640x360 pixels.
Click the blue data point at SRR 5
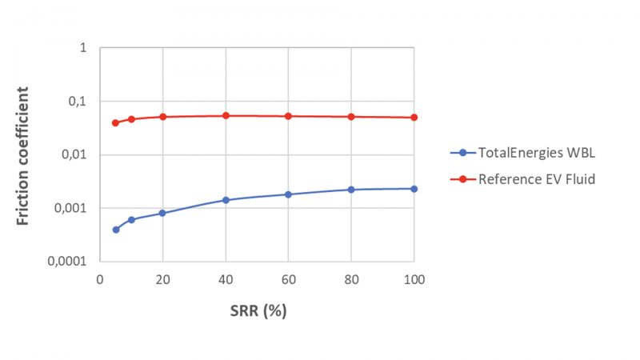coord(115,230)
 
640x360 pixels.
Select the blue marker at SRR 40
coord(226,200)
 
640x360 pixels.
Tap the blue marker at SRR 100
coord(414,189)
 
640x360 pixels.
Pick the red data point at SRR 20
coord(162,117)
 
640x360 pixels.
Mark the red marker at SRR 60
coord(288,116)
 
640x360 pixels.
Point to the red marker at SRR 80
coord(351,117)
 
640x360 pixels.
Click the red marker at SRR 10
coord(131,119)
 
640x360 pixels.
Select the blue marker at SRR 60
coord(288,194)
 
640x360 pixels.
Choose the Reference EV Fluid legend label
coord(536,179)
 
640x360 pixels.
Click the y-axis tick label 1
coord(82,48)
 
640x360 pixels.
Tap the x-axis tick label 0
coord(100,279)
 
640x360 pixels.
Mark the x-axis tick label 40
coord(226,279)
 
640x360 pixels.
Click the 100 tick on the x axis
coord(414,279)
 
